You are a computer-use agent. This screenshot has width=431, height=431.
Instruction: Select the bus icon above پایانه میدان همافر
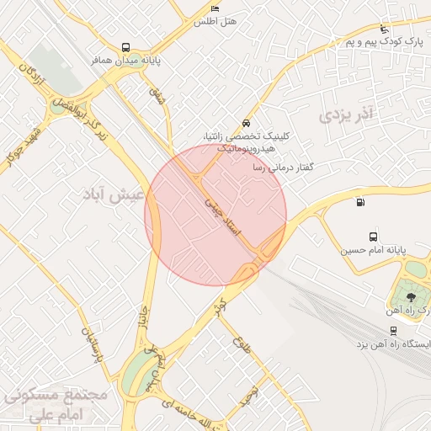[x=125, y=48]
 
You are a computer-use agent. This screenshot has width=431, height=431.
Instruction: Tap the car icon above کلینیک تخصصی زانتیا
[x=245, y=121]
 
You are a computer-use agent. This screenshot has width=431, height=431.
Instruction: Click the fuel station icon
[x=360, y=201]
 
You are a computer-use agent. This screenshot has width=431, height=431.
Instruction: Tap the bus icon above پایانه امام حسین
[x=373, y=237]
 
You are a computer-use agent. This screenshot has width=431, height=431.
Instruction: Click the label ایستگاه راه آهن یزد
[x=391, y=345]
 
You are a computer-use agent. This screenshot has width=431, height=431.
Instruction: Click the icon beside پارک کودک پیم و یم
[x=385, y=28]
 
